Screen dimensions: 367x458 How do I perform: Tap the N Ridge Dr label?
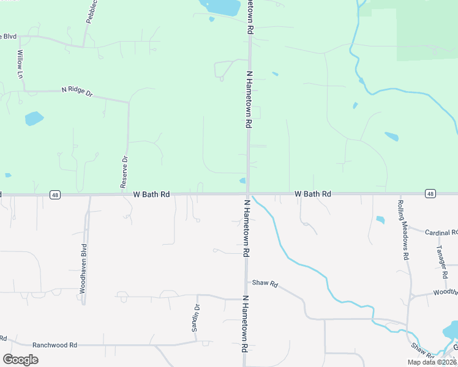[77, 91]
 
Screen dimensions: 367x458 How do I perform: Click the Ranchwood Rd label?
[54, 345]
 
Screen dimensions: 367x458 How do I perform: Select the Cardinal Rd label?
[441, 232]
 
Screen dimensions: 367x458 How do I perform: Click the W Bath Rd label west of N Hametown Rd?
[151, 195]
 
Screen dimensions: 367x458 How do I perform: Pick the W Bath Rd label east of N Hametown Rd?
[313, 194]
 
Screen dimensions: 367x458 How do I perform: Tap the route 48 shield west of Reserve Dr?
[56, 195]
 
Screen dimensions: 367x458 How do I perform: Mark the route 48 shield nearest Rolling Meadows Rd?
[431, 194]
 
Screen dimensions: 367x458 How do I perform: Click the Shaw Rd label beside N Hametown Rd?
[265, 284]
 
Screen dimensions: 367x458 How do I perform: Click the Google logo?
[20, 360]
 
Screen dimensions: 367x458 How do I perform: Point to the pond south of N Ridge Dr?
[34, 118]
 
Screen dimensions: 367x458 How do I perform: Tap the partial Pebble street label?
[91, 12]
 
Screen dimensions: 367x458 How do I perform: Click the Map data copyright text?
[432, 362]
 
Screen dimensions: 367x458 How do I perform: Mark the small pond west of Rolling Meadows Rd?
[380, 220]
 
